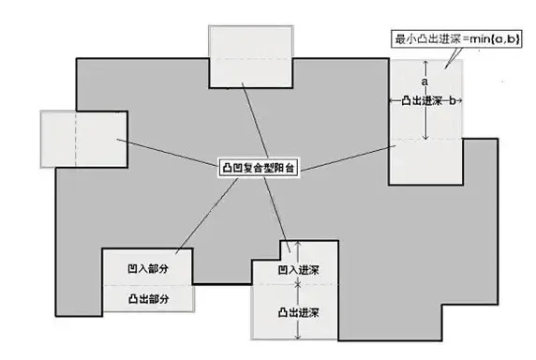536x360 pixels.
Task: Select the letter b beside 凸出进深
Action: (453, 100)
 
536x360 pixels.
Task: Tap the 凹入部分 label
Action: (147, 267)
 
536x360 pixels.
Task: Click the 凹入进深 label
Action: (299, 268)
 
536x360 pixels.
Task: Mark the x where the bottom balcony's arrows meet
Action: (299, 280)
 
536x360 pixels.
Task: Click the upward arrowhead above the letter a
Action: (425, 63)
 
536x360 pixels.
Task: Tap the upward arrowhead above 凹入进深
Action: (299, 244)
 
